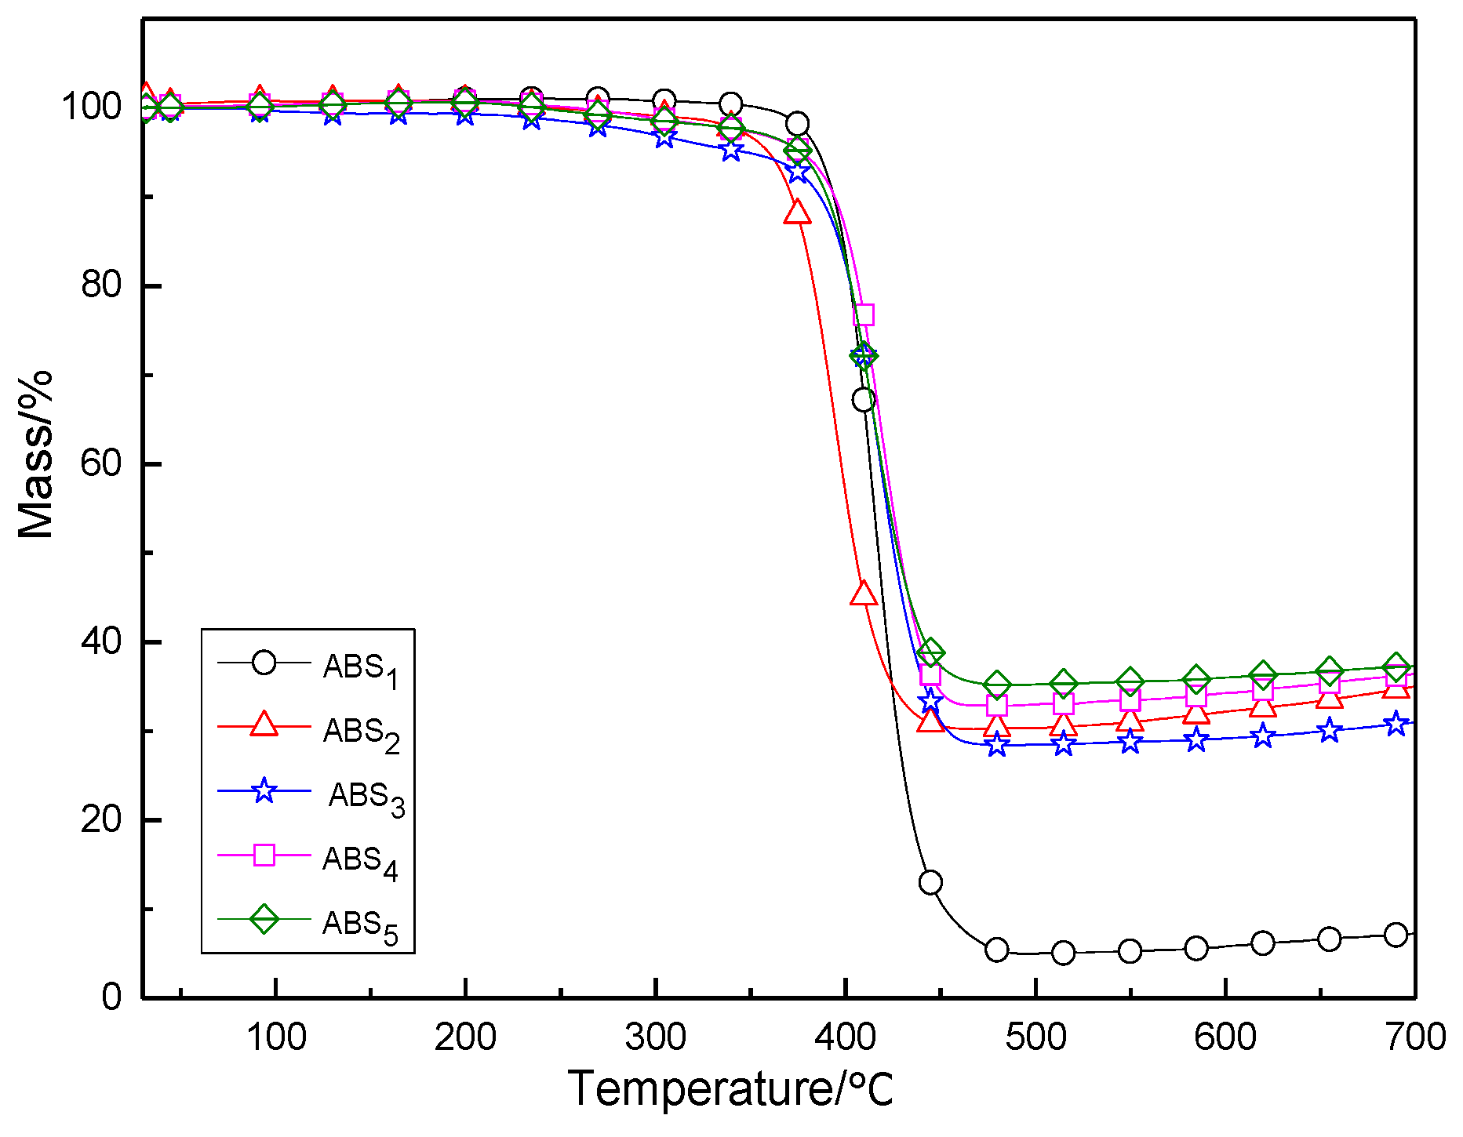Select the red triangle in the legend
[264, 725]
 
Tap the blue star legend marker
[264, 790]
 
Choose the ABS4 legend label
[360, 863]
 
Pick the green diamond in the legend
[264, 919]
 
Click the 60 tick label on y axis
[102, 463]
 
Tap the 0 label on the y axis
[112, 997]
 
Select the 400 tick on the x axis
[846, 1037]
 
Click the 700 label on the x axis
[1415, 1037]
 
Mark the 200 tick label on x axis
[465, 1037]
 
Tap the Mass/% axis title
[35, 455]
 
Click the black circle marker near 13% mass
[930, 882]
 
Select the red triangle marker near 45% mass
[864, 594]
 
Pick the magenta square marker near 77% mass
[864, 314]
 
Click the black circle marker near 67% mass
[864, 400]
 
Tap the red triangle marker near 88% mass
[797, 212]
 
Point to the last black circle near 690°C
[1396, 935]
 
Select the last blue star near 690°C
[1396, 723]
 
